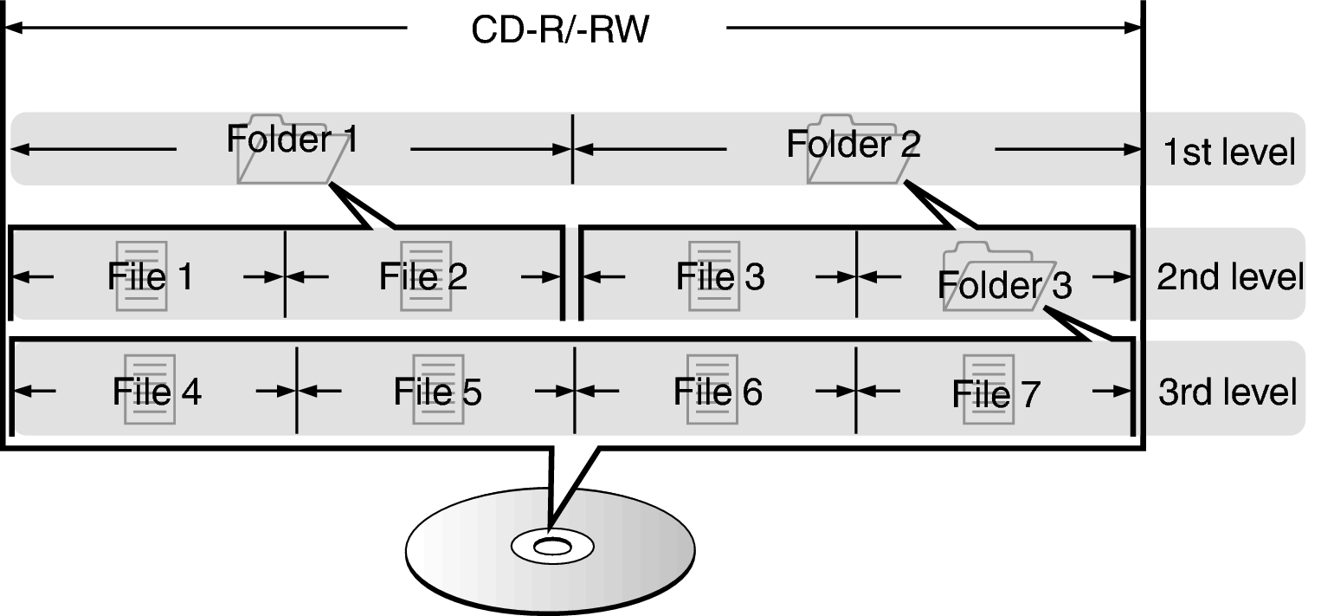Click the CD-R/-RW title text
(x=560, y=30)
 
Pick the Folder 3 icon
(x=999, y=276)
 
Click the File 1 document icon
(x=141, y=276)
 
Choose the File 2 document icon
(x=426, y=276)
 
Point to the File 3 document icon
(x=713, y=276)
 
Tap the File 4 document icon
(x=150, y=389)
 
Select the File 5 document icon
(x=438, y=389)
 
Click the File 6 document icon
(x=712, y=389)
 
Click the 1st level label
(x=1229, y=152)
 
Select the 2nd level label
(x=1229, y=277)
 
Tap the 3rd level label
(x=1228, y=392)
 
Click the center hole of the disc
(x=551, y=547)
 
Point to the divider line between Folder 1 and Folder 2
(x=572, y=149)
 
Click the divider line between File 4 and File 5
(x=297, y=390)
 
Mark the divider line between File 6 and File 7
(x=856, y=390)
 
